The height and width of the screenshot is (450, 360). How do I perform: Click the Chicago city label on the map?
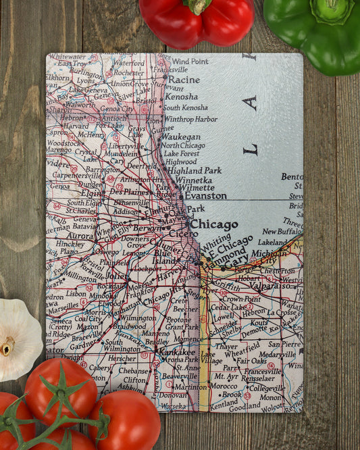tap(213, 224)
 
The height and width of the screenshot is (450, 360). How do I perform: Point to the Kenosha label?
tap(181, 97)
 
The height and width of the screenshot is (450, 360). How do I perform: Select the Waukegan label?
tap(181, 136)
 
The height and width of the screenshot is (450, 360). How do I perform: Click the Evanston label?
tap(205, 196)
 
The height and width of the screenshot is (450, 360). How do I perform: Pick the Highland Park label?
tap(195, 171)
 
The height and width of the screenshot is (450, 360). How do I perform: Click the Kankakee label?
tap(176, 352)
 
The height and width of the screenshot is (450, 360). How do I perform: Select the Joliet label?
tap(115, 276)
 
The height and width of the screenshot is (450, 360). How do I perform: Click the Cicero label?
tap(183, 233)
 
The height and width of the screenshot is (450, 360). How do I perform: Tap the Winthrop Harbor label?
tap(190, 119)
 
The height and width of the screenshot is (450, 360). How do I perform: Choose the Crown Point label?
tap(241, 298)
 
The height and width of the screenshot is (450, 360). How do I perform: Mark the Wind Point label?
tap(190, 61)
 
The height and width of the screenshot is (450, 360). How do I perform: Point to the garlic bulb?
tap(17, 338)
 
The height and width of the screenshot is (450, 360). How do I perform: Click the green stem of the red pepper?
tap(198, 5)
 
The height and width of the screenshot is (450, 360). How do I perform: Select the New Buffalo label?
tap(282, 231)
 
